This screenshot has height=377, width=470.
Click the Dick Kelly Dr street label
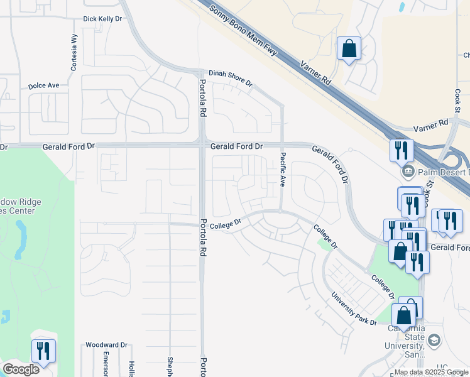102,19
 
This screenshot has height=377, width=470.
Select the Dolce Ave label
43,85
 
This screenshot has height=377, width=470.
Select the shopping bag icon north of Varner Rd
349,48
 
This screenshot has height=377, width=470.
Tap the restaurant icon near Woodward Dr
43,351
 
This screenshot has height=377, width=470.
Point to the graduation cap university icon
434,341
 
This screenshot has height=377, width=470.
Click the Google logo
21,369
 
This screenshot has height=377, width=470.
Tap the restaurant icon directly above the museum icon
401,150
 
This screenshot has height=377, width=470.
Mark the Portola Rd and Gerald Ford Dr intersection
202,146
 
